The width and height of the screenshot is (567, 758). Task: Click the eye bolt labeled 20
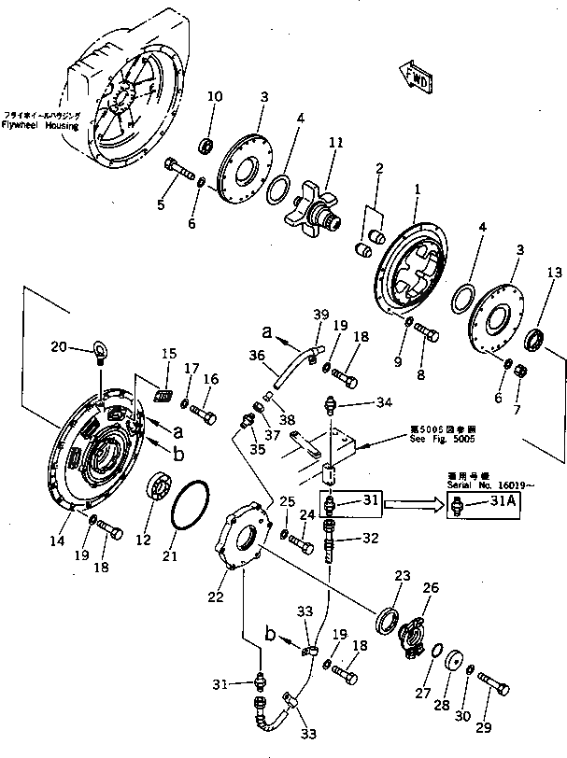point(99,352)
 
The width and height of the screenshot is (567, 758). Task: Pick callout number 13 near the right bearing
point(554,273)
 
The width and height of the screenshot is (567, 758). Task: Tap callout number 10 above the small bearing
point(214,97)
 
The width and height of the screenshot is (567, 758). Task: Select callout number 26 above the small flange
point(431,587)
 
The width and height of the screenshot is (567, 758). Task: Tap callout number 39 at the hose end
point(322,315)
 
